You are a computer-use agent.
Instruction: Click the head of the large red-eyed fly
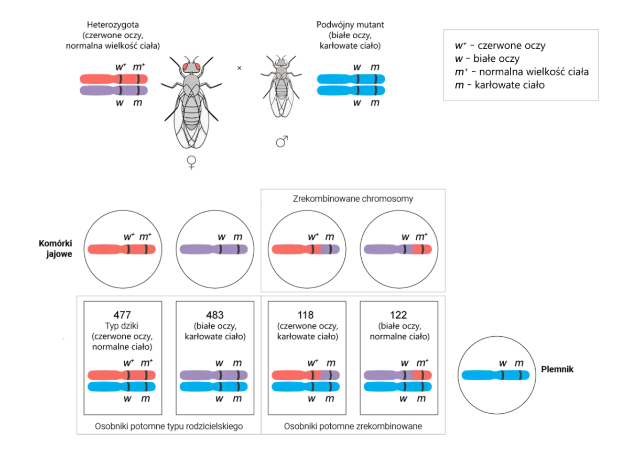click(191, 67)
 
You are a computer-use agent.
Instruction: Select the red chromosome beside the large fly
click(113, 79)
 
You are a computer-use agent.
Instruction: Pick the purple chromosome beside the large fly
click(113, 91)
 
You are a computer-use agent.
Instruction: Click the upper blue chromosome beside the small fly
click(350, 79)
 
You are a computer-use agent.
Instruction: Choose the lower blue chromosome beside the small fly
click(350, 91)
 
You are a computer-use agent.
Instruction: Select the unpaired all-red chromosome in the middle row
click(122, 249)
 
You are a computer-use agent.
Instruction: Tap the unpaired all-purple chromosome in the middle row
click(214, 249)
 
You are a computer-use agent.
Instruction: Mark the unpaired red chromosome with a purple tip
click(307, 249)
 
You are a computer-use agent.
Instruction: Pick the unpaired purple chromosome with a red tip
click(398, 249)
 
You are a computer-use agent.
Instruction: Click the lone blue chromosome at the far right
click(496, 375)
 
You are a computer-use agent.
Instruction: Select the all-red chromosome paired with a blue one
click(122, 374)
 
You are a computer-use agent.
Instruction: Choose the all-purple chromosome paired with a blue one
click(214, 374)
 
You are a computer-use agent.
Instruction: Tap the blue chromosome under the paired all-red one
click(122, 387)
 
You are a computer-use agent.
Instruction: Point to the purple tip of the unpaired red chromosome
click(331, 249)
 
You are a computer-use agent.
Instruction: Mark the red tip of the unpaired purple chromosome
click(423, 249)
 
